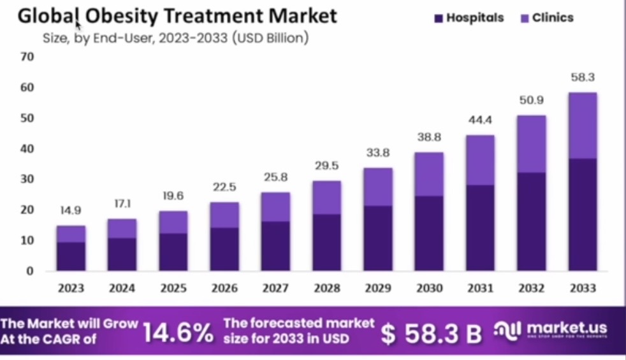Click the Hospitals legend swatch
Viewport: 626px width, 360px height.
[x=438, y=18]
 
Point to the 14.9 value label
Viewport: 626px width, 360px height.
[x=71, y=210]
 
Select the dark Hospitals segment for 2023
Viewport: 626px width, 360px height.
[x=71, y=256]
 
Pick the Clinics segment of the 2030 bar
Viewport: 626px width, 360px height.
[x=429, y=174]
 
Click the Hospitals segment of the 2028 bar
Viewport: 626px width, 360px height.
[x=326, y=242]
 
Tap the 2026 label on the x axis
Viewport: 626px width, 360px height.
[x=224, y=288]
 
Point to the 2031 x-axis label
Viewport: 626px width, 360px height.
[x=481, y=288]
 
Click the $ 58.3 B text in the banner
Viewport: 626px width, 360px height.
[x=431, y=333]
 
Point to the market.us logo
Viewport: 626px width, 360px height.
[x=552, y=330]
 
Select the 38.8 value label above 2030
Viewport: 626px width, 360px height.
[x=429, y=137]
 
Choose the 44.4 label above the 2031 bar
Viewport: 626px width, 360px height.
[x=481, y=120]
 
